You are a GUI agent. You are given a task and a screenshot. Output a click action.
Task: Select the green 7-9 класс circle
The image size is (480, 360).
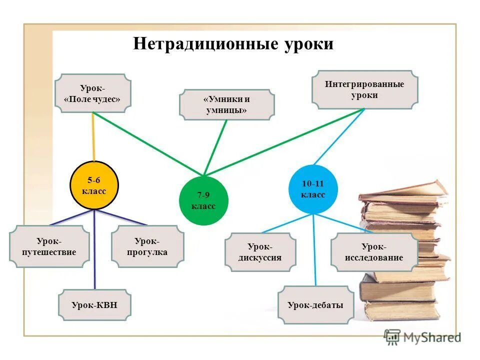tap(203, 200)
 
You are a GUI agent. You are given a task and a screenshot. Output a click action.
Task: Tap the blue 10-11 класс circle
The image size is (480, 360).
tap(313, 189)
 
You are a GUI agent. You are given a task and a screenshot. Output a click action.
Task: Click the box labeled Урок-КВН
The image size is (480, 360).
tap(94, 304)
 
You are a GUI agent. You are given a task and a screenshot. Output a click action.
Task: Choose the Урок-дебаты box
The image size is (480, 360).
tap(315, 304)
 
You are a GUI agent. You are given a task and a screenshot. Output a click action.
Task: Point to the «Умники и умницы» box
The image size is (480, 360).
tap(226, 104)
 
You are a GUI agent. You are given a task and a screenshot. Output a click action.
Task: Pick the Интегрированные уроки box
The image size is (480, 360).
tap(364, 89)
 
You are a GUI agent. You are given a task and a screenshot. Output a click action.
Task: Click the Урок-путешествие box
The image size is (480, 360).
tap(49, 246)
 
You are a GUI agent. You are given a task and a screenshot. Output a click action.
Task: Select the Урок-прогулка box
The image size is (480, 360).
tap(147, 246)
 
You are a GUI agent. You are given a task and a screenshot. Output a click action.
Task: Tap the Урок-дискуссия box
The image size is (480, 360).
tap(260, 252)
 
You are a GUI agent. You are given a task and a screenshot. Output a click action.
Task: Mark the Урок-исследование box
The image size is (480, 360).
tap(374, 252)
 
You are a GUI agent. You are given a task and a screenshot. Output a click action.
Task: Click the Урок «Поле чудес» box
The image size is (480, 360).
tap(92, 93)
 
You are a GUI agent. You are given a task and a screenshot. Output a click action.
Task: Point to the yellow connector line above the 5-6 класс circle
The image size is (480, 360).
tap(93, 137)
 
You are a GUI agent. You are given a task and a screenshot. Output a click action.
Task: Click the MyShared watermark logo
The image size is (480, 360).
tap(422, 337)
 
